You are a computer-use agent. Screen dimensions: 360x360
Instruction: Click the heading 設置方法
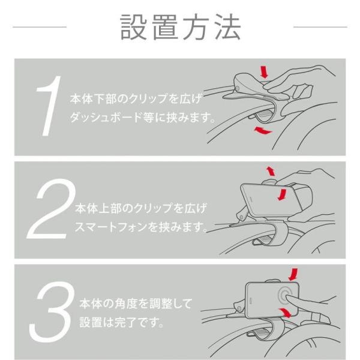coord(181,27)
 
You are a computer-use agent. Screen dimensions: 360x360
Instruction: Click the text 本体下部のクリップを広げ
coord(136,99)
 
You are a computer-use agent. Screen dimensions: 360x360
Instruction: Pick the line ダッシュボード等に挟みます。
coord(143,118)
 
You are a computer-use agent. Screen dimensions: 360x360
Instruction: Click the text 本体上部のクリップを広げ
coord(141,208)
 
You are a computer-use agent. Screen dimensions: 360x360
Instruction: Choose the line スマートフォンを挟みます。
coord(141,227)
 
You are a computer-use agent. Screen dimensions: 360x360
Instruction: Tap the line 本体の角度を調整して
coord(136,304)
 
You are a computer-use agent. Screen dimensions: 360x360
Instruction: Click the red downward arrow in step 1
coord(264,72)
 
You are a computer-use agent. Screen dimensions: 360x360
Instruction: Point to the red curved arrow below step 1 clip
coord(263,131)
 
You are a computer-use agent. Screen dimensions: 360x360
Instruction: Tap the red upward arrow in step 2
coord(271,171)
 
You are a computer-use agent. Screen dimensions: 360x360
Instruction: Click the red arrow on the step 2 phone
coord(283,194)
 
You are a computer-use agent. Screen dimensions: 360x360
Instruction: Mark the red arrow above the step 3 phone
coord(293,274)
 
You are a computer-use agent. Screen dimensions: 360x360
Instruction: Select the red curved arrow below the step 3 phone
coord(285,312)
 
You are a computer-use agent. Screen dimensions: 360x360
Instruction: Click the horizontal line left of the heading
coord(40,27)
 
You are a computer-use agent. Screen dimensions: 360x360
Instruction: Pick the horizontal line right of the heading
coord(320,27)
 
